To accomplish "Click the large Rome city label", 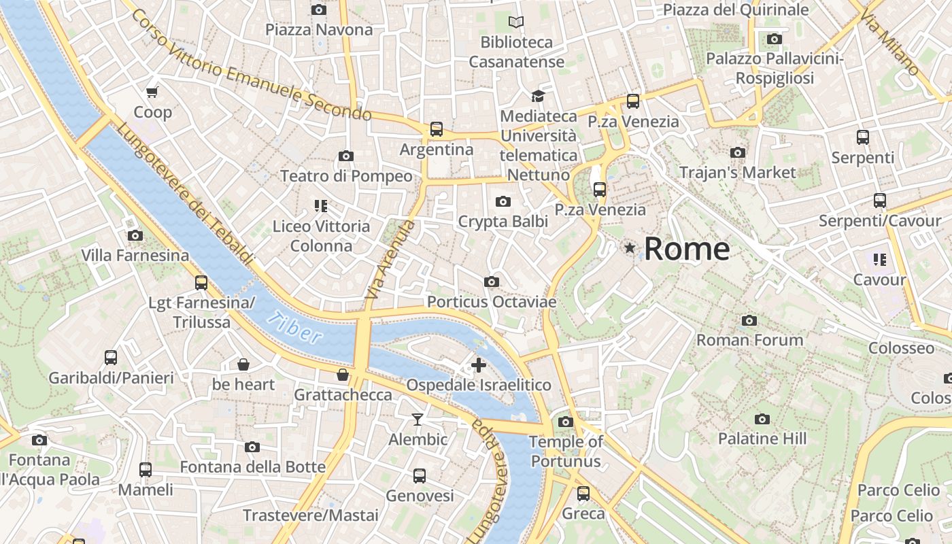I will point(687,249).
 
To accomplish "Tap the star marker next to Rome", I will point(630,249).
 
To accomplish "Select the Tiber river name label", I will point(294,327).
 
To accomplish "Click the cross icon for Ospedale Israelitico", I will point(479,365).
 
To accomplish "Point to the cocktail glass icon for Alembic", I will point(418,419).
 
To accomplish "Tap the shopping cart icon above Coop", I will point(152,92).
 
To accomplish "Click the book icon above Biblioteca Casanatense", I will point(517,22).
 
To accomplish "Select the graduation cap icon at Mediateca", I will point(538,96).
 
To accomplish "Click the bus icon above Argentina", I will point(437,129).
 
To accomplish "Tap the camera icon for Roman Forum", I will point(749,320).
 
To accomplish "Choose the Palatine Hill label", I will point(762,439).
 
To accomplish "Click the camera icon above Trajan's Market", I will point(738,153).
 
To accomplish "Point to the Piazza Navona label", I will point(319,29).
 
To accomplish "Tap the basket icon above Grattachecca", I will point(343,375).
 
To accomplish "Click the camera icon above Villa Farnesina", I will point(135,236).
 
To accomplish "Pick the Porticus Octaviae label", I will point(492,301).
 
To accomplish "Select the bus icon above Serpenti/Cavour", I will point(880,201).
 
